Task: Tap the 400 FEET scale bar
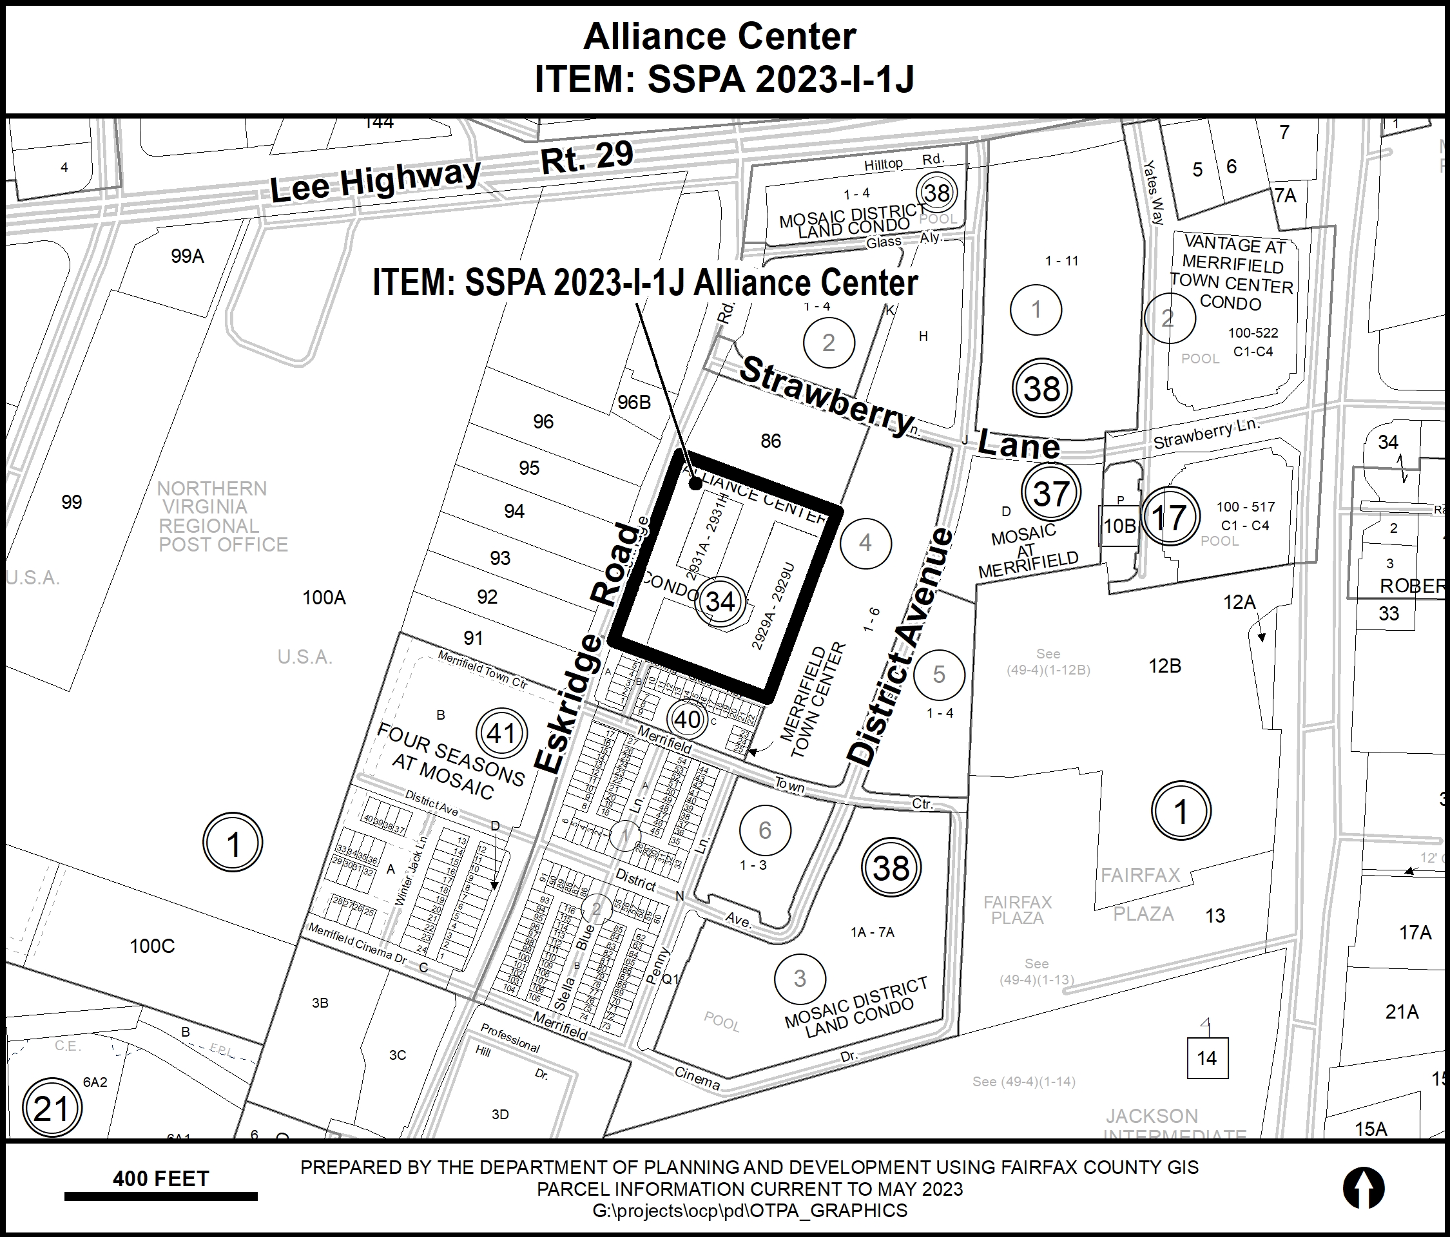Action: (161, 1196)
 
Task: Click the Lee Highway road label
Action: (375, 180)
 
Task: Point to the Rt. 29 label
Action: (587, 158)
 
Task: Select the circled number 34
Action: (720, 601)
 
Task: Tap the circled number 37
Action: (1050, 494)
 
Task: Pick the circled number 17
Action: (1168, 518)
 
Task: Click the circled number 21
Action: (52, 1108)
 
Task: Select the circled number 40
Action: (687, 719)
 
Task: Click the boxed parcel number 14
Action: (1207, 1058)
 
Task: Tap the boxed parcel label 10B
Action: (1119, 526)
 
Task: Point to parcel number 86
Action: (771, 441)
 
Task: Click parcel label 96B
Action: (634, 402)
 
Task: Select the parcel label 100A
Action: (324, 597)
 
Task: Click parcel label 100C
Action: (152, 946)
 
